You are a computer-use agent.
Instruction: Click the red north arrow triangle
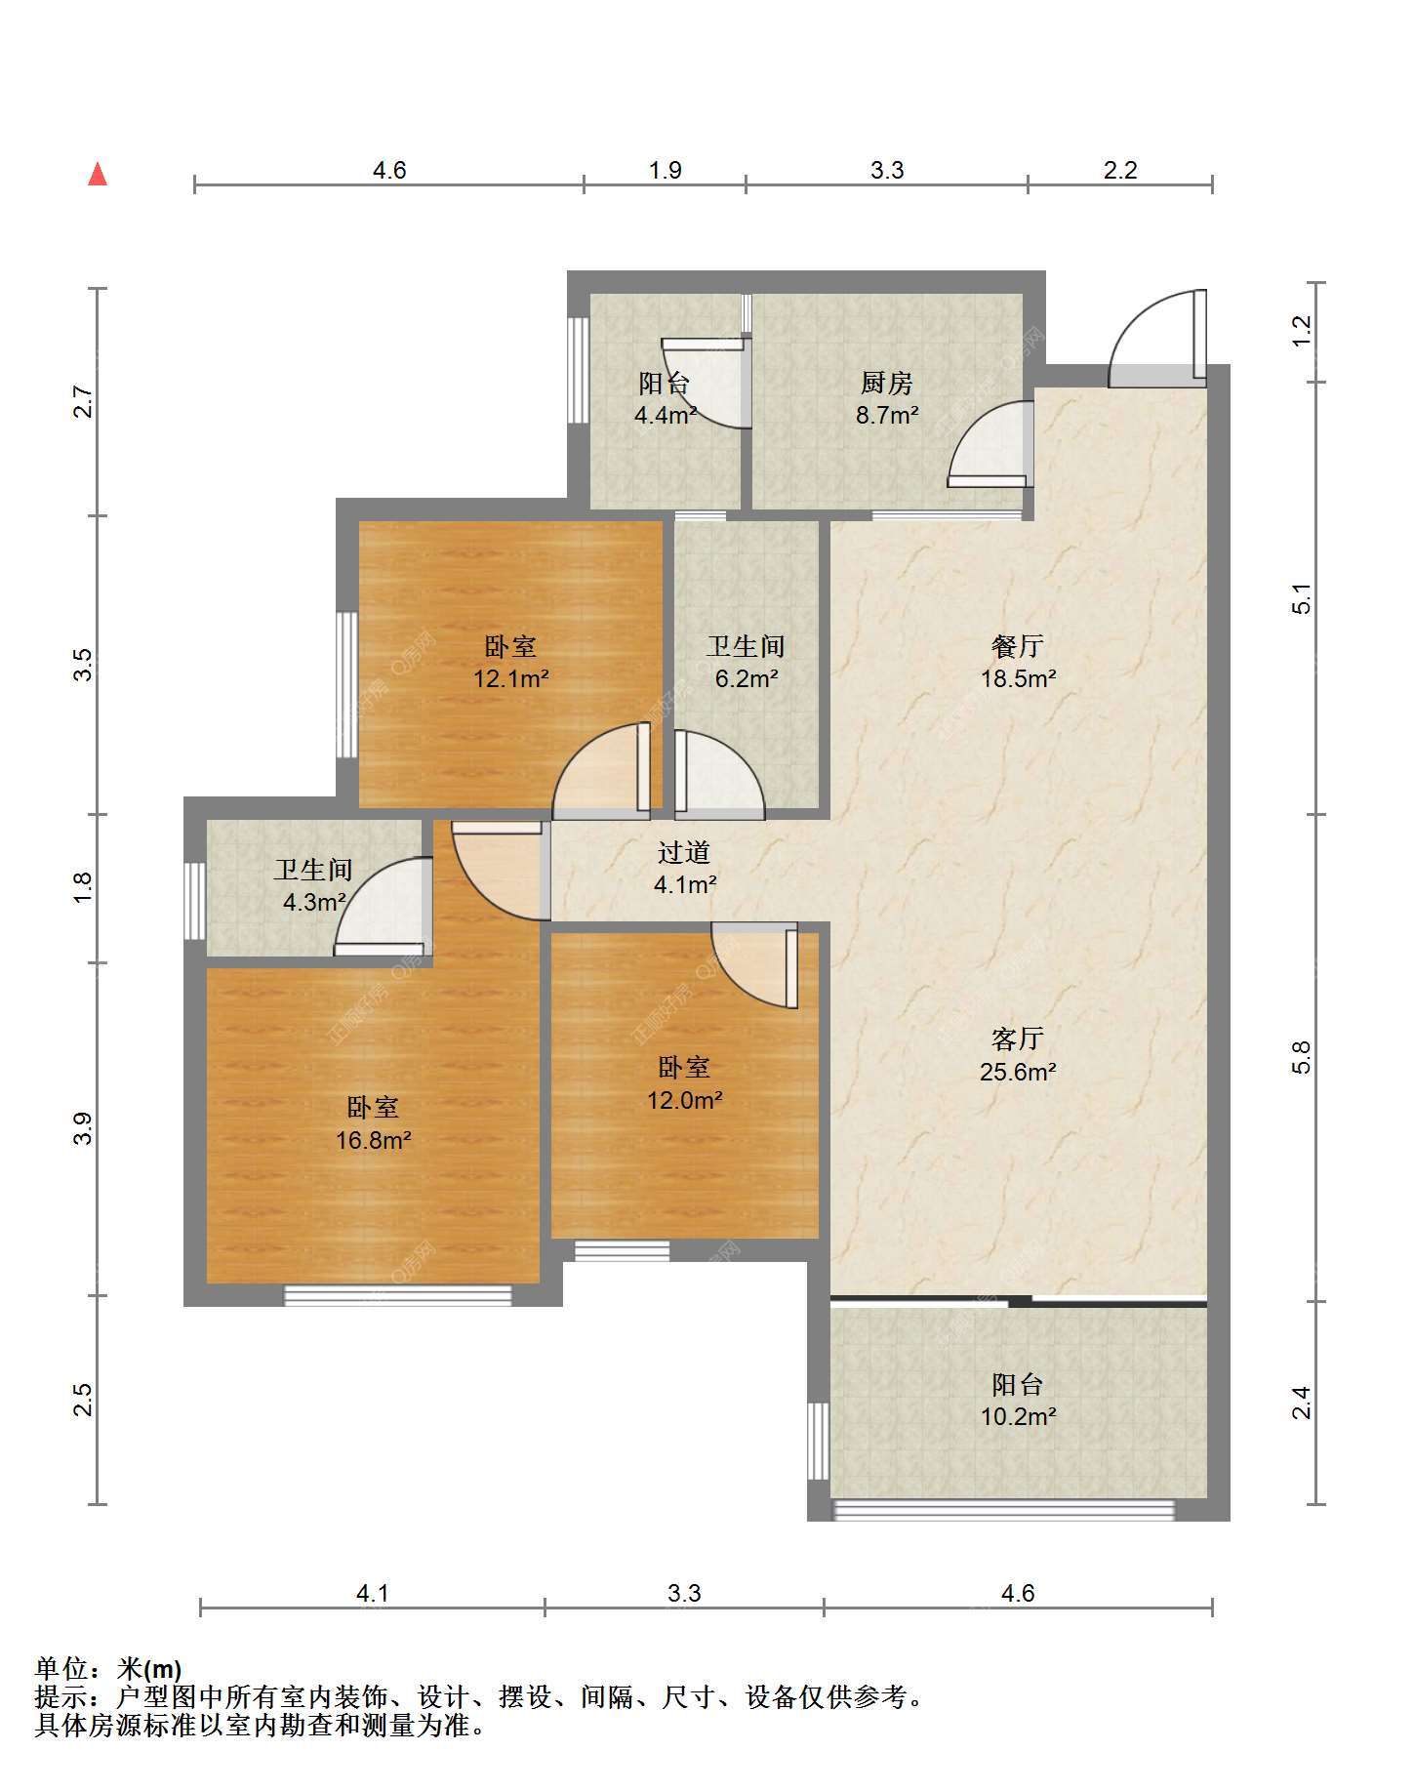[98, 175]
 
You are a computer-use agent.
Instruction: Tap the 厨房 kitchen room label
[886, 383]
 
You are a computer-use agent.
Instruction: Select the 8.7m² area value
[886, 415]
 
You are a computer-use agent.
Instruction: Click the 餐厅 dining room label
[1017, 646]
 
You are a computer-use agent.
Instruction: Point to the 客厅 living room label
[1017, 1039]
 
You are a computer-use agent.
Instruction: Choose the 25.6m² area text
[1017, 1072]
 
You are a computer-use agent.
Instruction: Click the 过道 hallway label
[683, 852]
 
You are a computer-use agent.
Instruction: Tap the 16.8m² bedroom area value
[373, 1139]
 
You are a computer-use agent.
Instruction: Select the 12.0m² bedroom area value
[684, 1100]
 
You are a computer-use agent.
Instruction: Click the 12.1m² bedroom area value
[510, 677]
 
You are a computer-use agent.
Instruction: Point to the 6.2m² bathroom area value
[746, 678]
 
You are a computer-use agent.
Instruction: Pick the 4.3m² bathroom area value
[314, 902]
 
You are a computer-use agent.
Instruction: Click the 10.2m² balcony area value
[1018, 1416]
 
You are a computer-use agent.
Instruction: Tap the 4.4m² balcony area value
[666, 415]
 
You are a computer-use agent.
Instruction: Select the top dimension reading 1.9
[665, 170]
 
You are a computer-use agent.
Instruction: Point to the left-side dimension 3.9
[83, 1128]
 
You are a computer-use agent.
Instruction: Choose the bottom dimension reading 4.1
[372, 1593]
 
